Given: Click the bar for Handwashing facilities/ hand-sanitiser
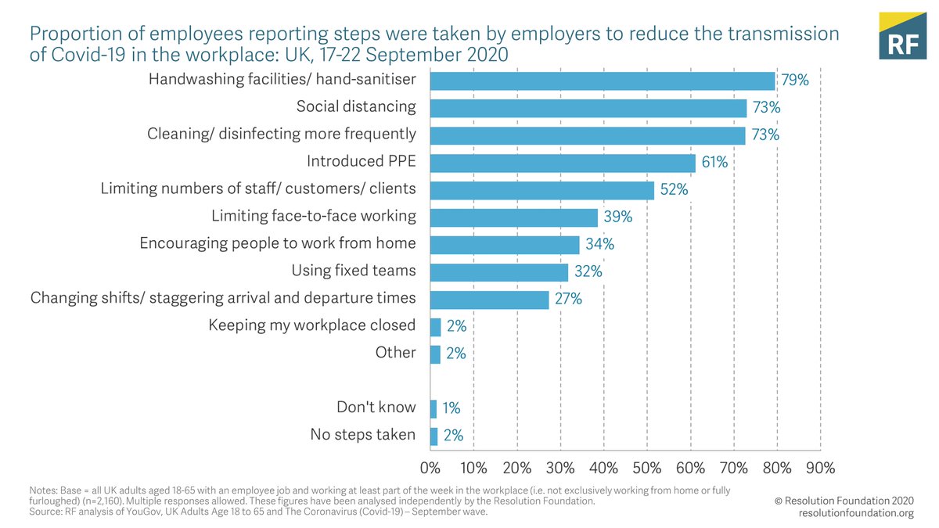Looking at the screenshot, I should [x=603, y=81].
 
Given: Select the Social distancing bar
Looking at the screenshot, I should [x=588, y=108].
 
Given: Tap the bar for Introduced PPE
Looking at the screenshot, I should [x=563, y=163].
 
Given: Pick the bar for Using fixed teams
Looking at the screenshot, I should [x=499, y=271].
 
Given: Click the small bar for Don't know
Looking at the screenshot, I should [x=434, y=408].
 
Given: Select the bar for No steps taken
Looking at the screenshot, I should [x=434, y=436].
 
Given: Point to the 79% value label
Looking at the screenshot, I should [x=794, y=81].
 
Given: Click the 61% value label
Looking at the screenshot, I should [x=714, y=163].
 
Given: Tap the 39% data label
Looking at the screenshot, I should [x=616, y=217].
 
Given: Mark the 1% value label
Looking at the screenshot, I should [x=451, y=408].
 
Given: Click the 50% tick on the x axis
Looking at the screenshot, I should [x=647, y=468].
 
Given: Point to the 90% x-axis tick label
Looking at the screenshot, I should [x=820, y=468].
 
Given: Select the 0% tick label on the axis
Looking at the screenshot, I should [x=430, y=468].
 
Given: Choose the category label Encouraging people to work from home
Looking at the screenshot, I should [x=278, y=243].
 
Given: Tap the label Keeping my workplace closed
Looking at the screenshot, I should [x=311, y=325].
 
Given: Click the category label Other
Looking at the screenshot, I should [x=395, y=353].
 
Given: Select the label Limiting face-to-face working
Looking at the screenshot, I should [x=314, y=216].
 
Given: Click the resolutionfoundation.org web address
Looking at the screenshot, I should [x=856, y=513].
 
